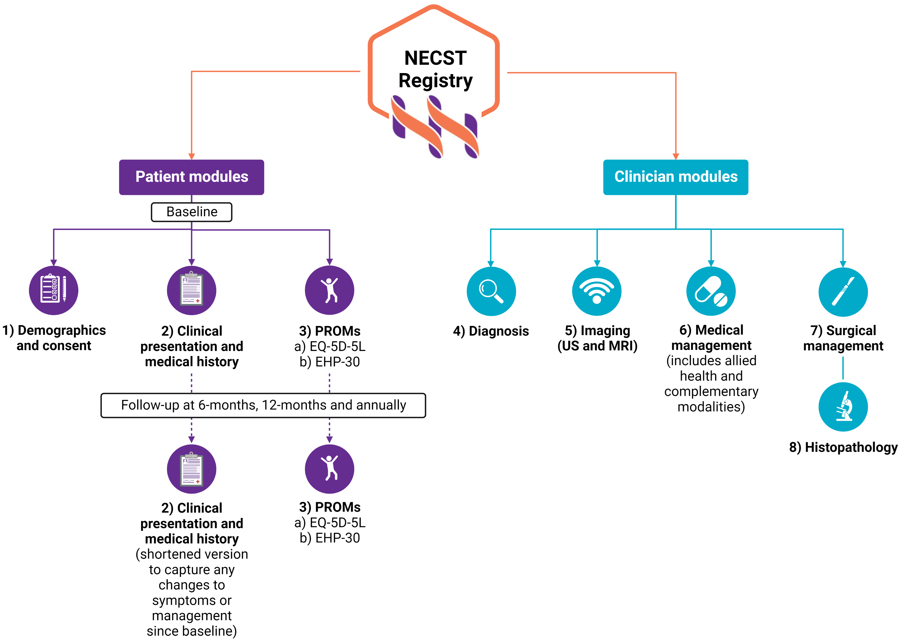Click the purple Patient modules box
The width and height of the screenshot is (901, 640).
192,177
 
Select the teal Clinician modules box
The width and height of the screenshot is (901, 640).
676,177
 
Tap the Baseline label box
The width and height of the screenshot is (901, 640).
192,212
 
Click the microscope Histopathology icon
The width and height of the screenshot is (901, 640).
843,407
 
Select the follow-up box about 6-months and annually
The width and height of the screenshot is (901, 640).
263,405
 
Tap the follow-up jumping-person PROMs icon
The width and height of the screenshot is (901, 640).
330,469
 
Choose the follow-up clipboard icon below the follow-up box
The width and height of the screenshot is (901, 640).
192,469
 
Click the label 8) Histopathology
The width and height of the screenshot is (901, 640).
843,447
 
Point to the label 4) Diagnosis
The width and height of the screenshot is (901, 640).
491,331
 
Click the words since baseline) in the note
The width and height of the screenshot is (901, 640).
192,631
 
